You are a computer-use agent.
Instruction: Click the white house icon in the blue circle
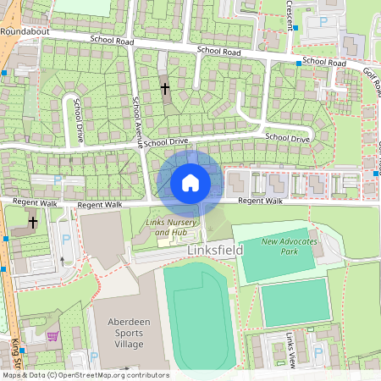click(x=190, y=182)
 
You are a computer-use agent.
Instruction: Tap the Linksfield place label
click(x=214, y=251)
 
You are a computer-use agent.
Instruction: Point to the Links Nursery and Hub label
click(x=166, y=227)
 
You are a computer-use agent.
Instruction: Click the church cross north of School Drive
click(x=165, y=86)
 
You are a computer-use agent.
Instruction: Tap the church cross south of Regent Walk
click(x=33, y=223)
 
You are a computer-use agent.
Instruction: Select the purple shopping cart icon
click(x=53, y=336)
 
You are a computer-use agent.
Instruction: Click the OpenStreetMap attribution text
click(x=85, y=374)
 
